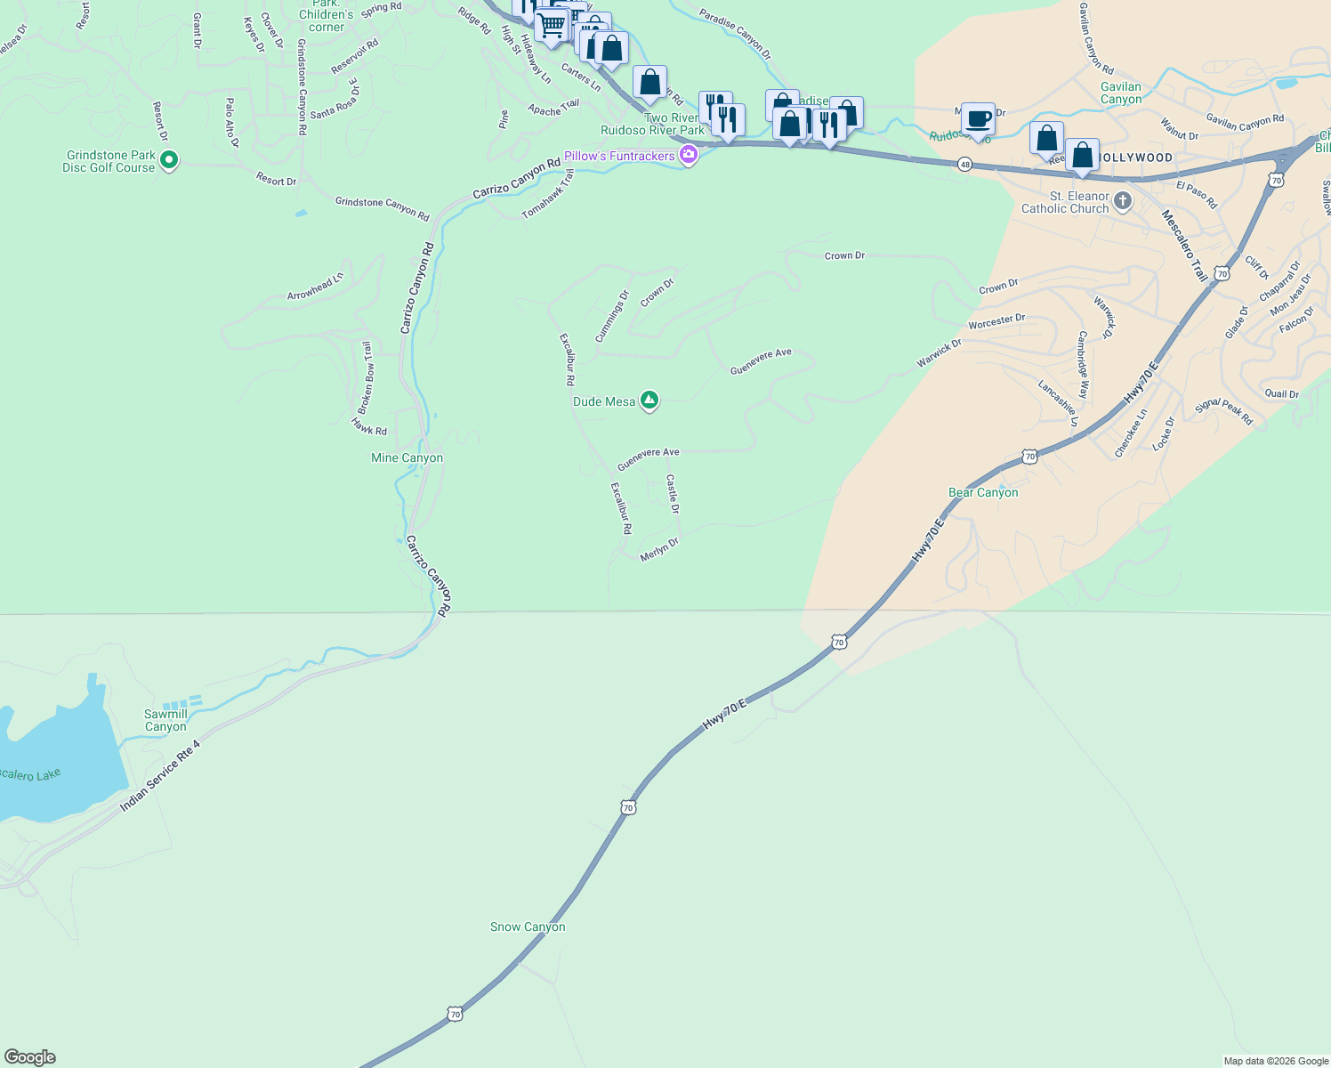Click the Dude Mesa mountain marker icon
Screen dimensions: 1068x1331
pos(649,401)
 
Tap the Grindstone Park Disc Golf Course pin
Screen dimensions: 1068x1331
pos(169,161)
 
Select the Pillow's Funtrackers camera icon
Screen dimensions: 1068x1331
pos(688,156)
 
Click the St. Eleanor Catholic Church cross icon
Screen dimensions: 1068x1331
pos(1123,201)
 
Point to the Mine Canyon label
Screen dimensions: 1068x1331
pos(407,457)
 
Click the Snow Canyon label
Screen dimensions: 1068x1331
pos(528,926)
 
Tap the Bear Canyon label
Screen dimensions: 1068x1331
pos(983,492)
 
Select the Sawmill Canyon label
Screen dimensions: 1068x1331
pos(165,720)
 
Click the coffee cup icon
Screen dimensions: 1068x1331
pos(978,119)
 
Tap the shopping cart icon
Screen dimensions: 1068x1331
pos(552,24)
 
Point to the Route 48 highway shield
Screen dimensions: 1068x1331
pos(964,165)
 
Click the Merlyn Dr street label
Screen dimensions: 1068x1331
pos(659,549)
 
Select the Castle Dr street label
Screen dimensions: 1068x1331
pos(673,494)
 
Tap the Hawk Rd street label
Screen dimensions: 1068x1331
pos(369,427)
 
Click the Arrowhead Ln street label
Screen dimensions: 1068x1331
pos(315,287)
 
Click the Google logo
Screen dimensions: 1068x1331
pos(30,1057)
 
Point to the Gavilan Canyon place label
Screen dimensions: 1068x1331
pos(1121,93)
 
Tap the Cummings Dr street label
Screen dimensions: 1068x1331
pos(612,316)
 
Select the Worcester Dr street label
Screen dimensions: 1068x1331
pos(996,321)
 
